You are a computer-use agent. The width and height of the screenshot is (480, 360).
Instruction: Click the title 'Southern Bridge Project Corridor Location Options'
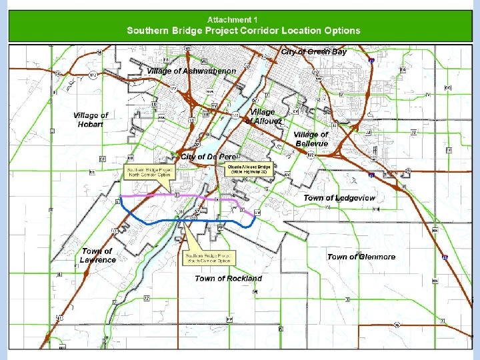243,31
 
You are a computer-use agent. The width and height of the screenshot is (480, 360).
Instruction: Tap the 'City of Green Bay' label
314,51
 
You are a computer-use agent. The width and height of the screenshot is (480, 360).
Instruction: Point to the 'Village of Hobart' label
91,119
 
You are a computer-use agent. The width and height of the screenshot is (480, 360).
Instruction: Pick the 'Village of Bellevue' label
311,139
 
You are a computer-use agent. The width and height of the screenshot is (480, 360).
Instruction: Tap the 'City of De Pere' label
209,157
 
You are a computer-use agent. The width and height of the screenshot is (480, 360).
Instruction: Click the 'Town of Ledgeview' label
339,198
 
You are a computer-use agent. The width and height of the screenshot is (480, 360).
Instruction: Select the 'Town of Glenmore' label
361,257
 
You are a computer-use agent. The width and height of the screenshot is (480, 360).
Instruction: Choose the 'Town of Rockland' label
228,278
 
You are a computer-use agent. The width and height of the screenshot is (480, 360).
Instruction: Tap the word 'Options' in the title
341,31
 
